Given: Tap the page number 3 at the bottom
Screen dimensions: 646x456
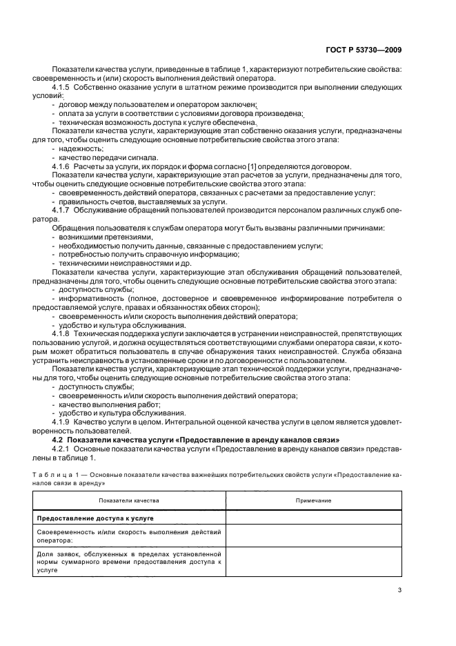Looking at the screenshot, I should click(x=400, y=589).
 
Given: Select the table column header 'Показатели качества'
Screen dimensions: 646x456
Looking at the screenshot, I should click(x=129, y=500).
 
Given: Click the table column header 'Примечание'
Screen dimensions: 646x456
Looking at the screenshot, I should click(x=313, y=500).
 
